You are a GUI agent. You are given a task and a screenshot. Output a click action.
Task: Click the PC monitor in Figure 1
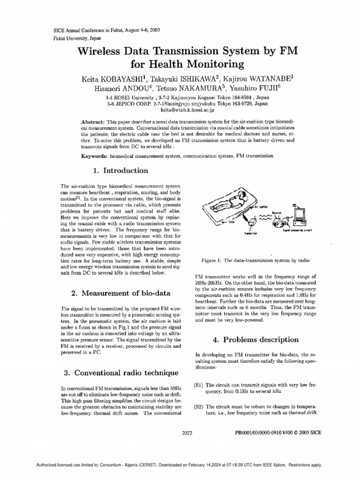click(x=299, y=214)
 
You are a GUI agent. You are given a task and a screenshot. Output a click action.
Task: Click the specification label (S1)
click(x=198, y=385)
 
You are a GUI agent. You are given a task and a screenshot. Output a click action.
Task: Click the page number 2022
click(x=187, y=434)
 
